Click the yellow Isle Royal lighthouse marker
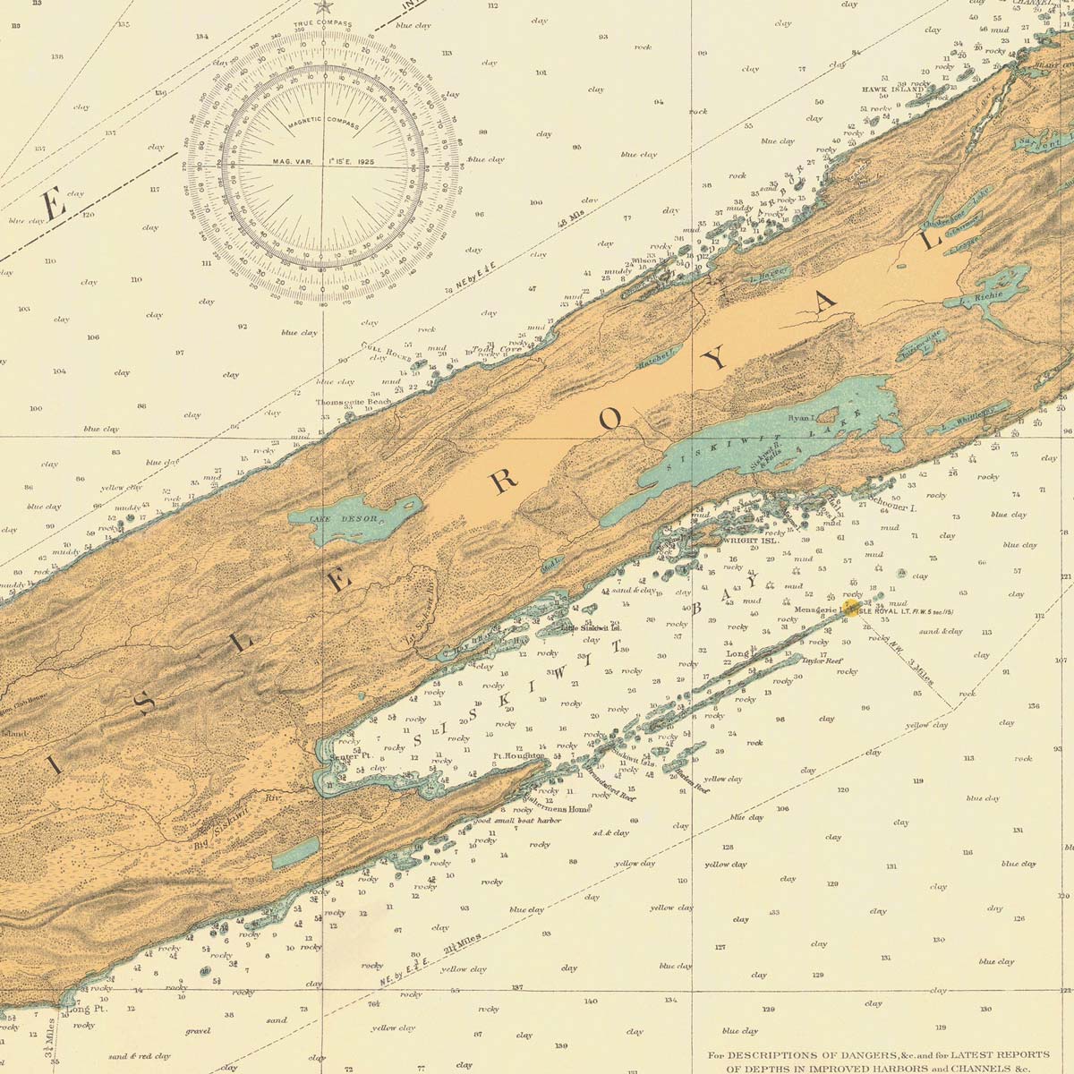point(853,609)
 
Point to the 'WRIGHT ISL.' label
point(747,541)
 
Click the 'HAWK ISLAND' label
point(892,90)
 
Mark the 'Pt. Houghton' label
point(518,756)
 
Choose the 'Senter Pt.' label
point(351,756)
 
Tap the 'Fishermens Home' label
point(557,808)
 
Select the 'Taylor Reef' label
point(823,661)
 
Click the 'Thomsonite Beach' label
point(353,403)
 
